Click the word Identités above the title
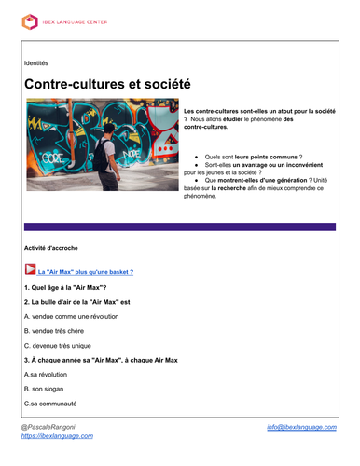36,62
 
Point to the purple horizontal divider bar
179,226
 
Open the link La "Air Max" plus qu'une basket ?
85,272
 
